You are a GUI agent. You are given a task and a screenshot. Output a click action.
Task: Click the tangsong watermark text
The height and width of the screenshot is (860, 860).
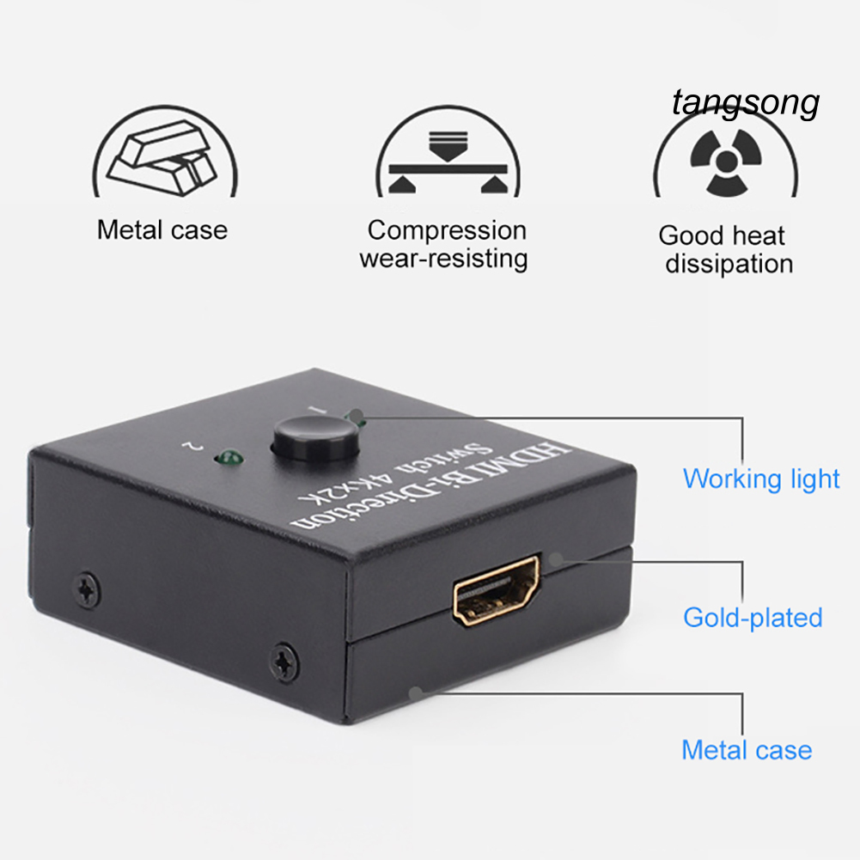tap(746, 104)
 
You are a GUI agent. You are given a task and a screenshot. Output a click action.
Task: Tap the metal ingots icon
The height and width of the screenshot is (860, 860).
tap(164, 159)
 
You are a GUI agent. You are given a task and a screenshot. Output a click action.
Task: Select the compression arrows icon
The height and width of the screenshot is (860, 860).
tap(444, 158)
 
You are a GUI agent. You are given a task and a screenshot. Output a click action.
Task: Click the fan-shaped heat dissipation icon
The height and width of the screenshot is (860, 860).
tap(726, 160)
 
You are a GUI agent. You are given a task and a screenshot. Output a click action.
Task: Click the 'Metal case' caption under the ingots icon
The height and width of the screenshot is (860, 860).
tap(162, 230)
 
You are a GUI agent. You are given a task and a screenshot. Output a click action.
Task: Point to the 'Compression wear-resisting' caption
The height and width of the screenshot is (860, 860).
tap(443, 244)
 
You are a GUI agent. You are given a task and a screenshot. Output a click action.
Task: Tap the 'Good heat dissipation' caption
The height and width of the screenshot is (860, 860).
tap(726, 249)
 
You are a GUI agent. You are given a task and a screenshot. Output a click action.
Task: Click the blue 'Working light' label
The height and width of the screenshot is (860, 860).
tap(760, 479)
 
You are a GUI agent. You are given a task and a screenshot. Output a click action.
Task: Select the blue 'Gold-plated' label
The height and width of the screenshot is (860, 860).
tap(753, 617)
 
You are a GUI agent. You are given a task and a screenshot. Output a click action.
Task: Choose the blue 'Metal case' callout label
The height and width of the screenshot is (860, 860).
tap(746, 750)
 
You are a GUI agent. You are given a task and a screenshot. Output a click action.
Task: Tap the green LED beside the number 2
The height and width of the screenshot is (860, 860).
tap(229, 457)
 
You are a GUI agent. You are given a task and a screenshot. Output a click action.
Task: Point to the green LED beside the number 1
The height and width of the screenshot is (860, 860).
tap(356, 419)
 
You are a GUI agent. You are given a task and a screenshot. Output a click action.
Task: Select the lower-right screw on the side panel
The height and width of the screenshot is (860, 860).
tap(284, 661)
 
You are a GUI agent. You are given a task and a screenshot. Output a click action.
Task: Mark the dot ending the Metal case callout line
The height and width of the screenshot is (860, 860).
tap(416, 692)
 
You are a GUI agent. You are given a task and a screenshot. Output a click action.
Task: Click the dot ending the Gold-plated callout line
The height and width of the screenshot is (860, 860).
tap(555, 559)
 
